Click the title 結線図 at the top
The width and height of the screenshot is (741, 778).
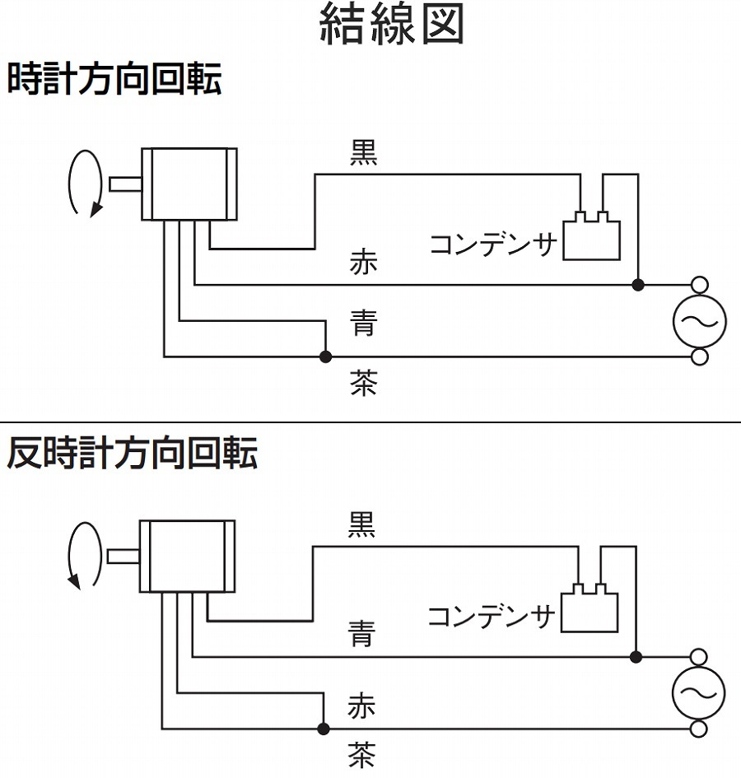click(x=391, y=25)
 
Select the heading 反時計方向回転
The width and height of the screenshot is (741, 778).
click(x=132, y=454)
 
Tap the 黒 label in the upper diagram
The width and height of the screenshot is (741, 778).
click(x=363, y=153)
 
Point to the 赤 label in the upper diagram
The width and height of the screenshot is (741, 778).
click(x=363, y=264)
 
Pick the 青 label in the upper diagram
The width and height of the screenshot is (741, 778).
click(x=363, y=322)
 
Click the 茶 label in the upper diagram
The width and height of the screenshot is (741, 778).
click(x=363, y=383)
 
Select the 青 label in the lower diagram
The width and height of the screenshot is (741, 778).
click(x=361, y=634)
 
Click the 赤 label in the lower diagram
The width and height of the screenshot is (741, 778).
click(x=361, y=706)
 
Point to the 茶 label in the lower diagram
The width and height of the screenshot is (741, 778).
click(x=361, y=755)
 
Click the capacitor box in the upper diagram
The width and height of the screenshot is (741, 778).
click(x=591, y=240)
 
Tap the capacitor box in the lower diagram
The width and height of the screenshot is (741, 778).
click(x=589, y=612)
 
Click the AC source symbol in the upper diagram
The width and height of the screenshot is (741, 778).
click(x=700, y=321)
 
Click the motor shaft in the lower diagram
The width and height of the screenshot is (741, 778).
click(x=123, y=556)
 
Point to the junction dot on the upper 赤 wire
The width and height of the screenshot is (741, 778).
click(x=638, y=285)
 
